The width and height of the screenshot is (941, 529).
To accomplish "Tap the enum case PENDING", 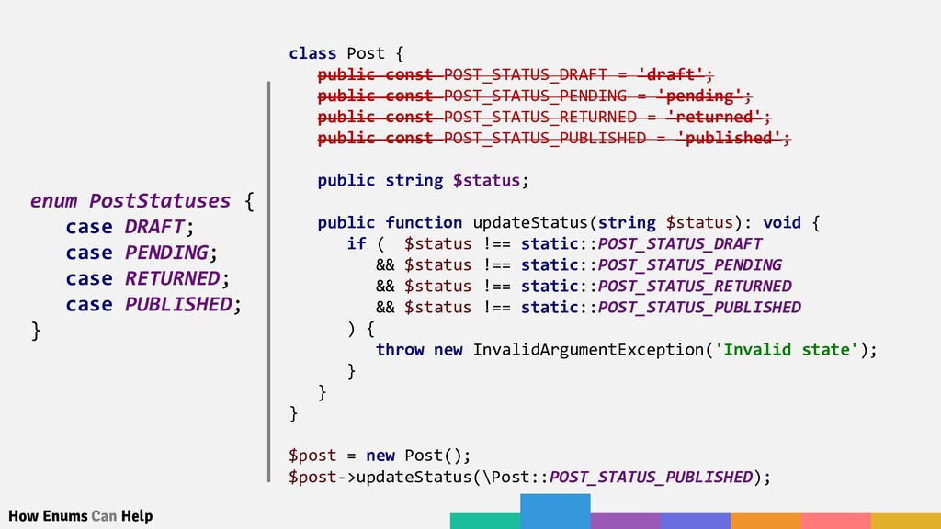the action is click(x=166, y=252).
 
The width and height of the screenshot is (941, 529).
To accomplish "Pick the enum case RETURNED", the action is click(x=172, y=277).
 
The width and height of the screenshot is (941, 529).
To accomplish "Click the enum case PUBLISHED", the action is click(x=178, y=303).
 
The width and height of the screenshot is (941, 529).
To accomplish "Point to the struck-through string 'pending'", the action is click(x=700, y=96).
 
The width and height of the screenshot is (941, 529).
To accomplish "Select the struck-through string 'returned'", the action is click(x=715, y=117).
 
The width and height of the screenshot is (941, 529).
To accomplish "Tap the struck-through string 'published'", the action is click(x=729, y=138).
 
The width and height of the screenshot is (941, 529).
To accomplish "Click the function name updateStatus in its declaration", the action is click(x=529, y=222).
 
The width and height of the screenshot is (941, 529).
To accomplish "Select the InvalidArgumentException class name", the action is click(x=588, y=349).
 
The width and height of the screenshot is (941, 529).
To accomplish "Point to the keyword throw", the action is click(x=400, y=349).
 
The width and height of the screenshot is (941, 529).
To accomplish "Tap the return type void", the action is click(x=781, y=222).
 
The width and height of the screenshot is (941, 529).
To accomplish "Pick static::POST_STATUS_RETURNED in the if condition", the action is click(x=656, y=286).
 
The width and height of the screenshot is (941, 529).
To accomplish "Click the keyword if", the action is click(x=356, y=243).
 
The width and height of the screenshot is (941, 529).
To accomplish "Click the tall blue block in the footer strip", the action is click(x=555, y=511).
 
